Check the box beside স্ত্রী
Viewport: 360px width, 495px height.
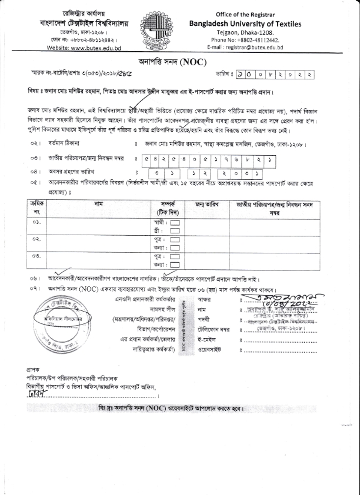point(174,232)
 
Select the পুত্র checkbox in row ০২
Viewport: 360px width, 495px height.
point(175,240)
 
